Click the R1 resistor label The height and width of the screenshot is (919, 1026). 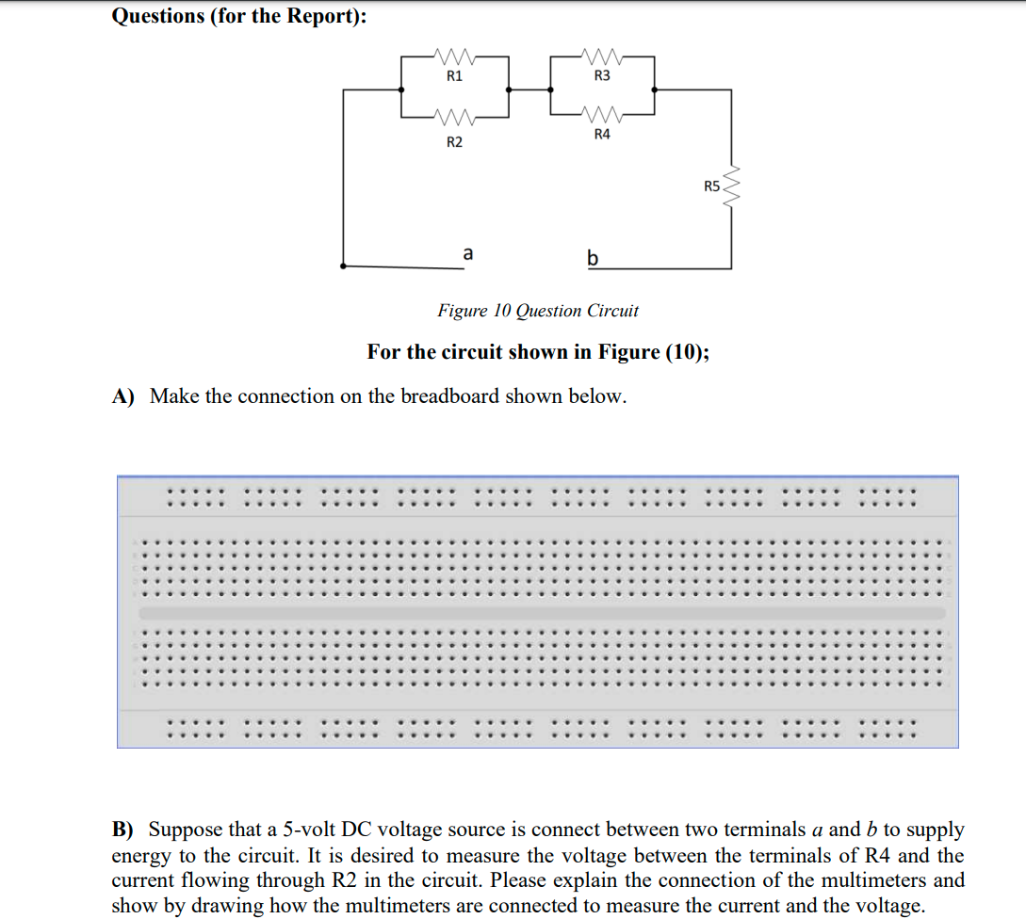pyautogui.click(x=454, y=76)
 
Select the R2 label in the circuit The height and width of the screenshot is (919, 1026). pyautogui.click(x=454, y=142)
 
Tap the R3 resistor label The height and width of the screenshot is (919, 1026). pyautogui.click(x=603, y=75)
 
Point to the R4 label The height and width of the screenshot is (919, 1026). pyautogui.click(x=603, y=135)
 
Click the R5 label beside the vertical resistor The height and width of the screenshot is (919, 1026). pyautogui.click(x=711, y=186)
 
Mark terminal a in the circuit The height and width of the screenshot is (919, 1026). pyautogui.click(x=467, y=253)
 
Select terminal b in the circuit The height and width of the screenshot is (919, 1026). pyautogui.click(x=592, y=256)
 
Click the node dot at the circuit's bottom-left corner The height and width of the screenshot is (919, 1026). pyautogui.click(x=343, y=266)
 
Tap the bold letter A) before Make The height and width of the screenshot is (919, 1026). pyautogui.click(x=124, y=396)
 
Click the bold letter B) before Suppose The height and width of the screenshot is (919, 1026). pyautogui.click(x=123, y=830)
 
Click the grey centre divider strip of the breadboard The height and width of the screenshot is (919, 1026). pyautogui.click(x=542, y=613)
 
